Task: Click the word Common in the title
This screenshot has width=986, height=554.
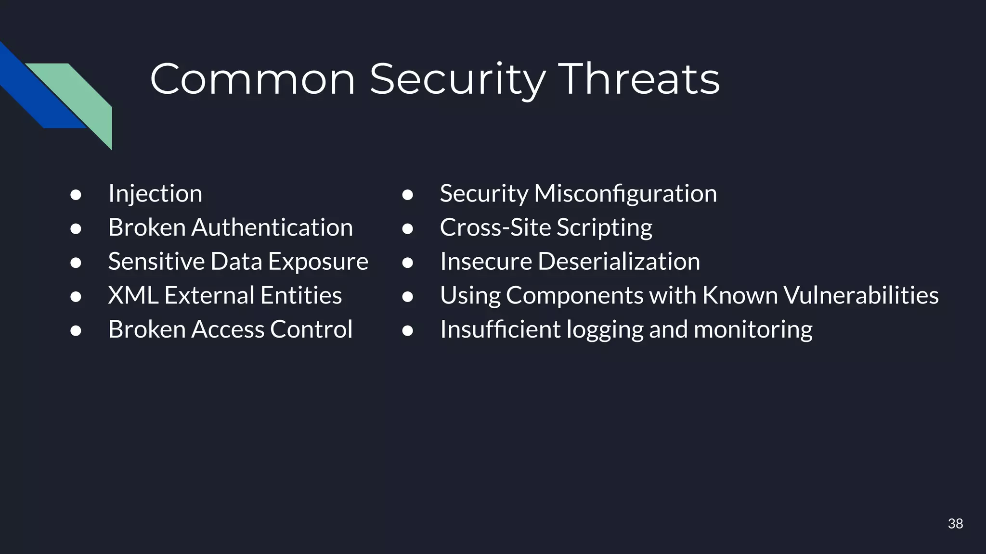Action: tap(252, 79)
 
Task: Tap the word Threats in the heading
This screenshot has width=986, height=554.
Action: tap(640, 79)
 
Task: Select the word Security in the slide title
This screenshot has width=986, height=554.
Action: tap(457, 79)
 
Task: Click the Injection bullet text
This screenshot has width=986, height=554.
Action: tap(155, 194)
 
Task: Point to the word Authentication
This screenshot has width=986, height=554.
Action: tap(272, 227)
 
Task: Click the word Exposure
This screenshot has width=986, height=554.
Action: tap(318, 262)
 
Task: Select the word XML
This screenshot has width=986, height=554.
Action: tap(133, 295)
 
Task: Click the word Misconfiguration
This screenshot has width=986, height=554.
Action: tap(625, 194)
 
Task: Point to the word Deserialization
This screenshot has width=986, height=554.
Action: tap(619, 262)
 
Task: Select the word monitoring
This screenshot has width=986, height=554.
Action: tap(753, 330)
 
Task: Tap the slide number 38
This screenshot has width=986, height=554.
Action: tap(955, 524)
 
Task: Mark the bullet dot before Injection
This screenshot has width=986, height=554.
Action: tap(76, 195)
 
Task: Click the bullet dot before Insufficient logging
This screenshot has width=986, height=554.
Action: tap(407, 330)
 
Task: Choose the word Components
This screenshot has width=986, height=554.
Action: tap(574, 295)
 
